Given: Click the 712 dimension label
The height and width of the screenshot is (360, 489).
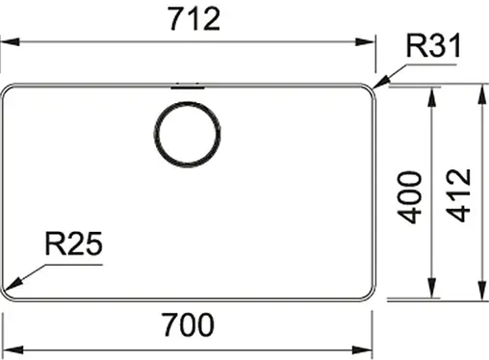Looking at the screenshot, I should coord(192,19).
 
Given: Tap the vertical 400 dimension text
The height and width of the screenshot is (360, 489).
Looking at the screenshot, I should coord(411,197).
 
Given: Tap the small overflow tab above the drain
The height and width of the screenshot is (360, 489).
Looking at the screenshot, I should coord(187,85).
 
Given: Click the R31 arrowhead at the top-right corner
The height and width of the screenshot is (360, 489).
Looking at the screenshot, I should coord(378,85).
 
